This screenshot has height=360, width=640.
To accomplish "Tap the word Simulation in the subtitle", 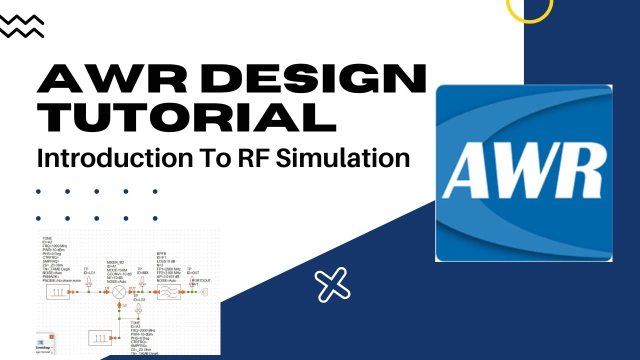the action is point(343,158).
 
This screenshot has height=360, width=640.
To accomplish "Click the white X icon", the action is point(332,284).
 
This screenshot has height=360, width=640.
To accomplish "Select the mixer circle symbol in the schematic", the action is point(119,292).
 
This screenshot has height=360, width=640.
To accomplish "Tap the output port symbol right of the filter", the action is point(202,292).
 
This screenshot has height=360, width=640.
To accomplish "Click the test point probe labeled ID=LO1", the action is point(88,282).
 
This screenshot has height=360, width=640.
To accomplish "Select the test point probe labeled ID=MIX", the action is point(142,282).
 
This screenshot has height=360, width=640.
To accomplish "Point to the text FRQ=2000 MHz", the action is point(142,330).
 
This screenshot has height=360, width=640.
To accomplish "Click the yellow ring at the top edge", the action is point(529,6).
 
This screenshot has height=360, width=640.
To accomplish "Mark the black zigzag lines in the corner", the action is point(22,26).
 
